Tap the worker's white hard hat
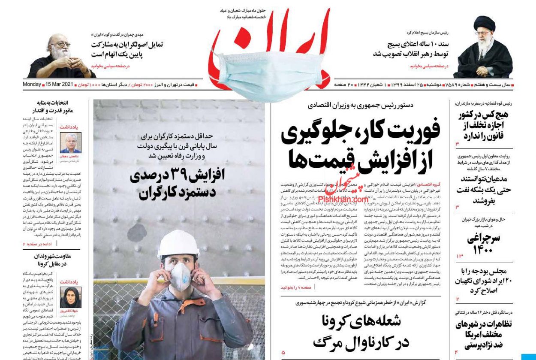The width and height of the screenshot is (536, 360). pos(179,243)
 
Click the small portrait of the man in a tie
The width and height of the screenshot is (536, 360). pos(70,143)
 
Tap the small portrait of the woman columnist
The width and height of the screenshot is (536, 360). pos(70,297)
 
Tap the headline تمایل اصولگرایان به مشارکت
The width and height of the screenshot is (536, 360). pos(126,50)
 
